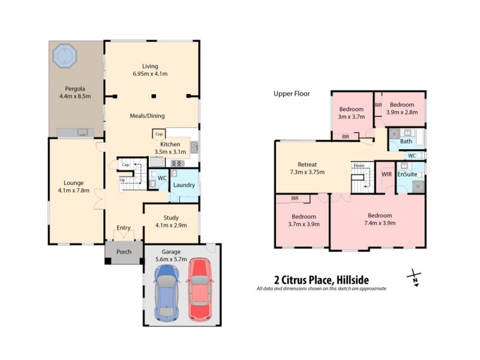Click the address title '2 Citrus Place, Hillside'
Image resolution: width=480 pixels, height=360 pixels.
(x=321, y=279)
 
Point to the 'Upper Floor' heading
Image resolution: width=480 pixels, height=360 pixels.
(x=292, y=94)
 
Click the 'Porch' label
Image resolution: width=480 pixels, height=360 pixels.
(x=124, y=252)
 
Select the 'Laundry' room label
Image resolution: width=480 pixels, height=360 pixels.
(x=184, y=185)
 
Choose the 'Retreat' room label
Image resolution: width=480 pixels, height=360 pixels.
(x=307, y=164)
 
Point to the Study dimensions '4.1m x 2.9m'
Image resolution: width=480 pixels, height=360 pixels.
(x=171, y=226)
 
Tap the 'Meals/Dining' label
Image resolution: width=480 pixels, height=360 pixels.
(x=147, y=116)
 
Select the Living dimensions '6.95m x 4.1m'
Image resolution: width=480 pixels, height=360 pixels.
(x=151, y=74)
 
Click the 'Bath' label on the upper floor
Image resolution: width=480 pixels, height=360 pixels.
(x=406, y=142)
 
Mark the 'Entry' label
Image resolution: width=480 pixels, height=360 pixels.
(x=124, y=227)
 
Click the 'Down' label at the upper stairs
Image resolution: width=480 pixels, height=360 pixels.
(x=358, y=166)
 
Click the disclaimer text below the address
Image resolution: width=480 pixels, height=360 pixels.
(x=321, y=289)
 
